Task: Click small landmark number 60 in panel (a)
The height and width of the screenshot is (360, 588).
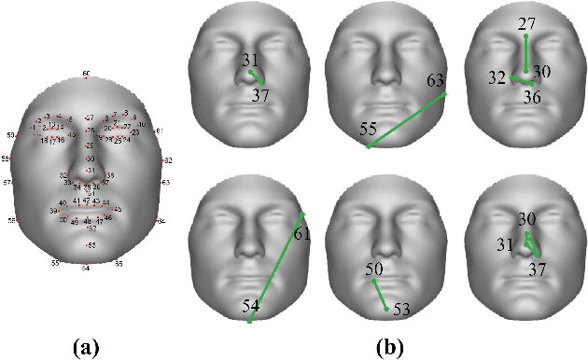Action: coord(86,73)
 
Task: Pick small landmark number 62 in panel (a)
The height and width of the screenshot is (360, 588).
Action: coord(168,160)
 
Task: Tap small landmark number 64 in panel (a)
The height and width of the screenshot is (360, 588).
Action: coord(161,221)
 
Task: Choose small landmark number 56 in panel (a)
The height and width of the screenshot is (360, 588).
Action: coord(12,220)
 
